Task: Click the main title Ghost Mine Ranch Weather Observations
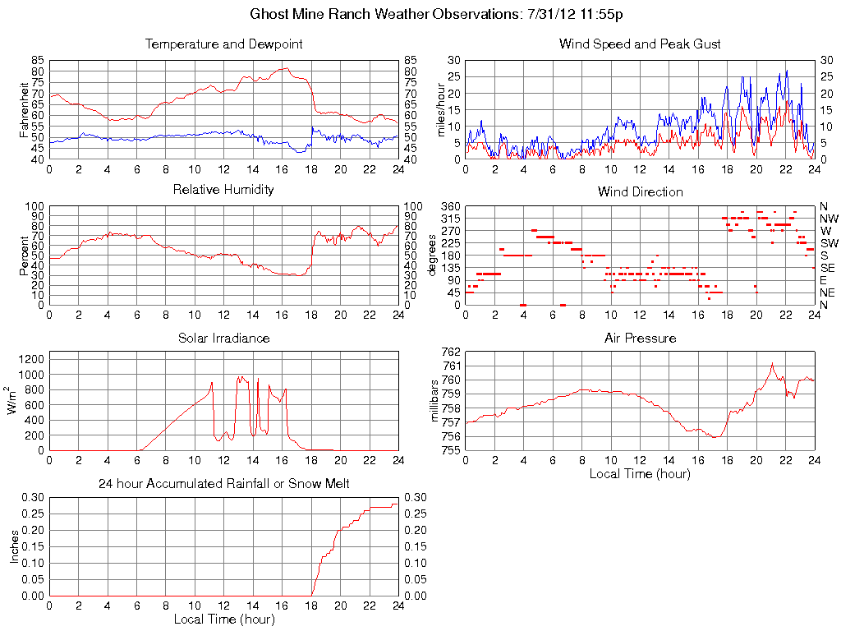[443, 15]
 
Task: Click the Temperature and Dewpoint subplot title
[223, 44]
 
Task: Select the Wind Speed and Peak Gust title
[640, 44]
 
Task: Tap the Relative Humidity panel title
[223, 190]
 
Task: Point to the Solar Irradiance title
[223, 338]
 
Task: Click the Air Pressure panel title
[640, 338]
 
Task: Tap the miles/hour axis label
[439, 109]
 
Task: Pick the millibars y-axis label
[437, 400]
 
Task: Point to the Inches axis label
[14, 546]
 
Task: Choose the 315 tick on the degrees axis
[449, 219]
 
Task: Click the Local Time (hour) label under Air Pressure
[640, 473]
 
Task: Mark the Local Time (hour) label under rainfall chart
[223, 619]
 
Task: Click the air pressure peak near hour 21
[772, 363]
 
